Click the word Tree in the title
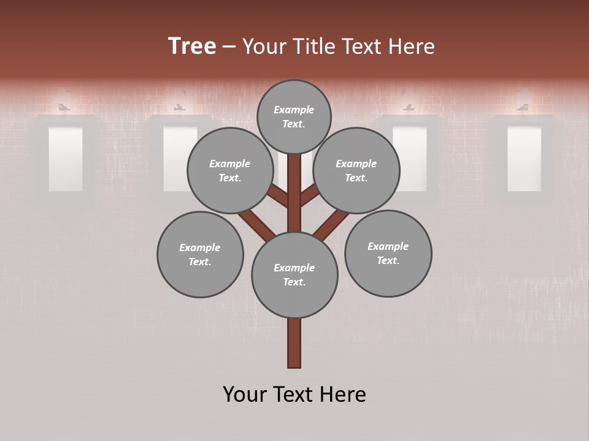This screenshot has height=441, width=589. [x=192, y=46]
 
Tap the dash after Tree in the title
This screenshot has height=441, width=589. [x=229, y=47]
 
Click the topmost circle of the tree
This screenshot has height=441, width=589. [x=294, y=116]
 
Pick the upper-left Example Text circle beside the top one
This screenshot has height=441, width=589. [x=229, y=170]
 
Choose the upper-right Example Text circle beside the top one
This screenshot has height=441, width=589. [x=356, y=170]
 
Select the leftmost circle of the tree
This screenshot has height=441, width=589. [x=200, y=254]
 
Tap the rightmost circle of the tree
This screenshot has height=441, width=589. [x=388, y=253]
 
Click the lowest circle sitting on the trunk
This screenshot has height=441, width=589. [x=294, y=274]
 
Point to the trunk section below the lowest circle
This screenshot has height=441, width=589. [x=294, y=343]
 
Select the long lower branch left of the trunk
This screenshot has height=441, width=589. [x=256, y=224]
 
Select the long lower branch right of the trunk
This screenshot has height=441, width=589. [x=331, y=224]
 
